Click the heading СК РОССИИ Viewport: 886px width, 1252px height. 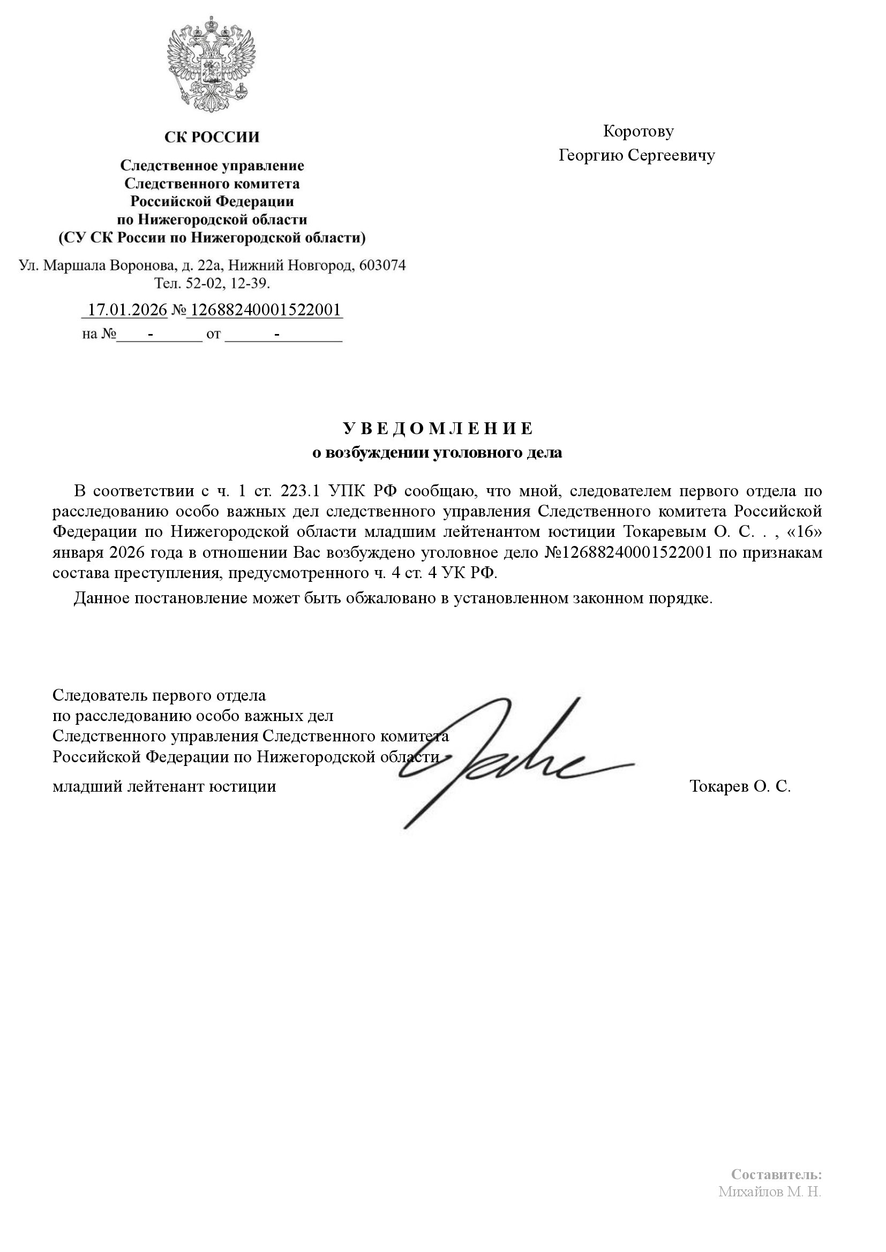click(212, 137)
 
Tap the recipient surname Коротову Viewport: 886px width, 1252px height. click(639, 132)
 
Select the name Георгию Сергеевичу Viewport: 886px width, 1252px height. click(637, 156)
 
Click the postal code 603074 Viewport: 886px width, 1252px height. click(382, 265)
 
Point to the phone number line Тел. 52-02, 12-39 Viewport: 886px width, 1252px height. click(212, 284)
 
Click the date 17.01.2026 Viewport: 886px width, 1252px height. click(127, 310)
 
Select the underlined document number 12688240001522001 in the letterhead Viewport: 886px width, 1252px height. click(264, 310)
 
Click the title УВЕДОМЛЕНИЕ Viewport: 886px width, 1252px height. click(438, 429)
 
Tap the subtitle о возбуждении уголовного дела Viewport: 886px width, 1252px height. click(437, 453)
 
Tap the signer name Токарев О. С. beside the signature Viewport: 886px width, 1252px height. click(740, 786)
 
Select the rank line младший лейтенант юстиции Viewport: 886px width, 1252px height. click(164, 786)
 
